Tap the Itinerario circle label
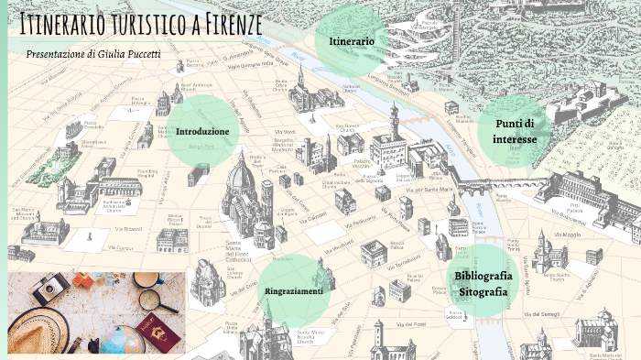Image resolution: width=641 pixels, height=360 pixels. pyautogui.click(x=352, y=41)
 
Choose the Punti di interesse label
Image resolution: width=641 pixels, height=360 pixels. pyautogui.click(x=515, y=131)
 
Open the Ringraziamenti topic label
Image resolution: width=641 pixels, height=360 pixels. pyautogui.click(x=294, y=291)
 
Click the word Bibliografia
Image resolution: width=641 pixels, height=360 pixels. pyautogui.click(x=482, y=276)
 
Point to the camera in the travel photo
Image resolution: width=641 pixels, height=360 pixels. pyautogui.click(x=45, y=290)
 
